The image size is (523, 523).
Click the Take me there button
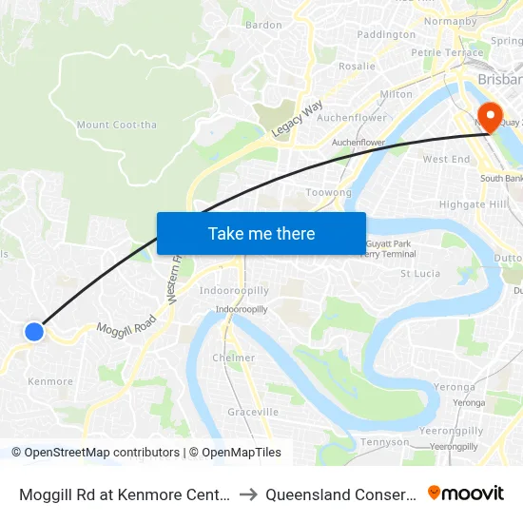coord(261,233)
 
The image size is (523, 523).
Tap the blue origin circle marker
coord(34,331)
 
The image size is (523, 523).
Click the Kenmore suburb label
coord(50,381)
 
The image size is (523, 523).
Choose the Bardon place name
coord(263,25)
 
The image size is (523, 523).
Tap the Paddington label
coord(386,34)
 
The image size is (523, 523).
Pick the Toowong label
coord(328,192)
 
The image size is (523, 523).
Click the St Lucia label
coord(419,273)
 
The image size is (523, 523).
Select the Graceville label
coord(253,412)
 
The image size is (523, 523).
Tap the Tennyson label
coord(386,442)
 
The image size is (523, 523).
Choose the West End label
coord(446,159)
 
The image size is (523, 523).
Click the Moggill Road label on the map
coord(126,327)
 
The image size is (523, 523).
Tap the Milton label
coord(396,94)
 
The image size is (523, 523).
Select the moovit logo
coord(466,494)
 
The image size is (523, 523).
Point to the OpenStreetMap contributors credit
coord(95,453)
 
